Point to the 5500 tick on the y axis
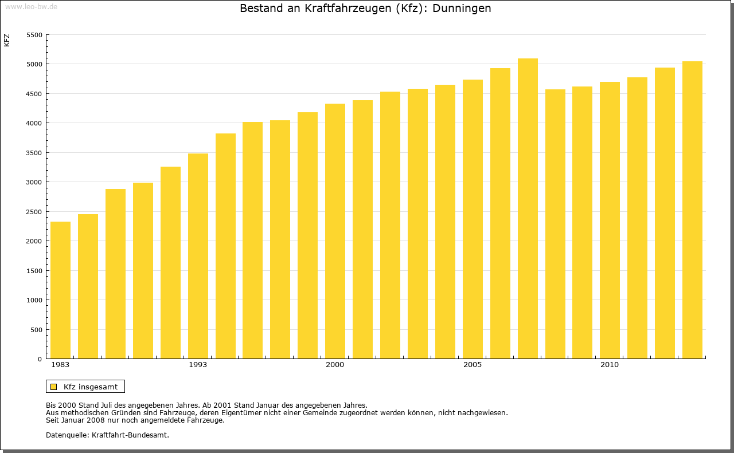tap(35, 35)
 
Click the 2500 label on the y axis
tap(35, 212)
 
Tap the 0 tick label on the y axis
tap(40, 359)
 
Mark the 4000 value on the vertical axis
tap(35, 123)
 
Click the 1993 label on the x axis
tap(198, 365)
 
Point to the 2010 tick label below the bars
tap(610, 365)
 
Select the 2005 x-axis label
tap(473, 365)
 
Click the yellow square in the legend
tap(53, 387)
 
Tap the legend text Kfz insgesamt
tap(91, 387)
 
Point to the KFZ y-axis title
tap(7, 40)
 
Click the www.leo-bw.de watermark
tap(31, 6)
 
